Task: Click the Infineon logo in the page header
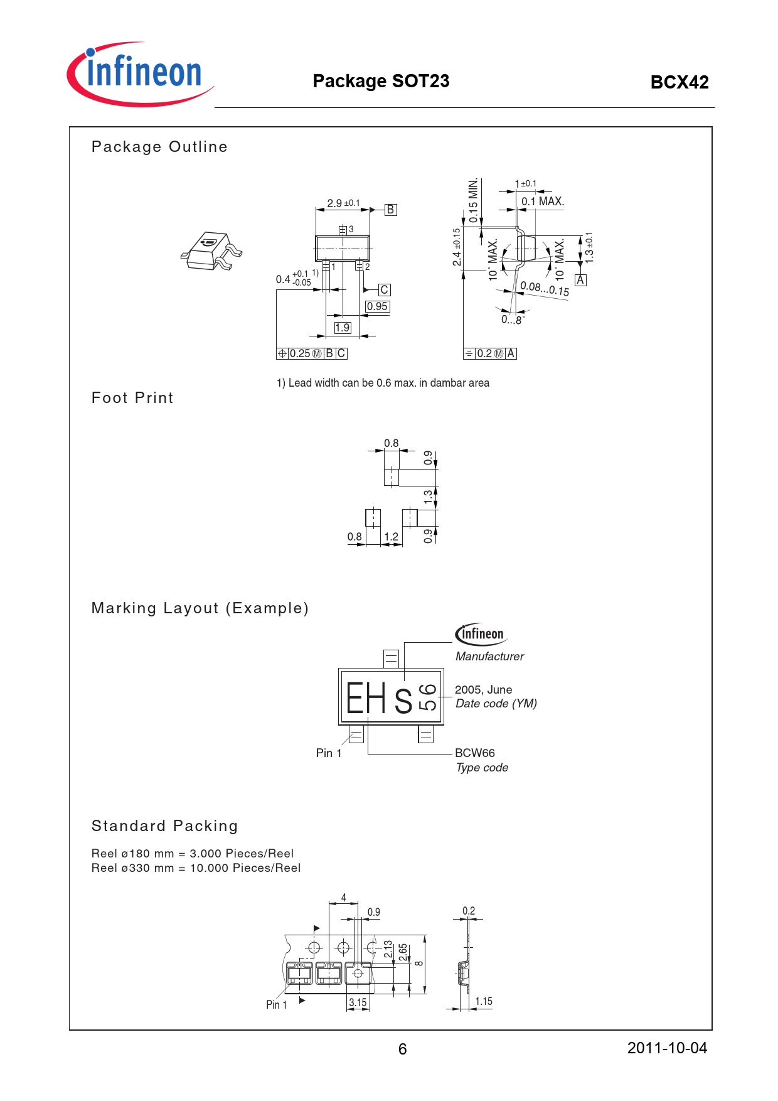[x=139, y=74]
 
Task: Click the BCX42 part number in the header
[x=679, y=82]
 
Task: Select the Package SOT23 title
[x=381, y=81]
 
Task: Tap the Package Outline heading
[x=159, y=147]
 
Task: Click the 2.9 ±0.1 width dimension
[x=343, y=203]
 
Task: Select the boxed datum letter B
[x=390, y=210]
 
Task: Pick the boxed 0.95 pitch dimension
[x=377, y=306]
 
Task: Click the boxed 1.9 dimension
[x=342, y=328]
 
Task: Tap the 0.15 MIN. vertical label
[x=474, y=200]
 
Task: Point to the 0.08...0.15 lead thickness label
[x=545, y=289]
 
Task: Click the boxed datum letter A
[x=580, y=280]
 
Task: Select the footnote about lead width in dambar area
[x=383, y=383]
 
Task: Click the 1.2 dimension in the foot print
[x=391, y=537]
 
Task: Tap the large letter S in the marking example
[x=403, y=701]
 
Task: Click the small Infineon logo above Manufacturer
[x=481, y=634]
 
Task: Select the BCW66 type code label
[x=475, y=753]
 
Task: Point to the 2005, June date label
[x=483, y=690]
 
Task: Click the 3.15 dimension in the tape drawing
[x=358, y=1002]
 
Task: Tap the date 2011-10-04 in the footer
[x=667, y=1048]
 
